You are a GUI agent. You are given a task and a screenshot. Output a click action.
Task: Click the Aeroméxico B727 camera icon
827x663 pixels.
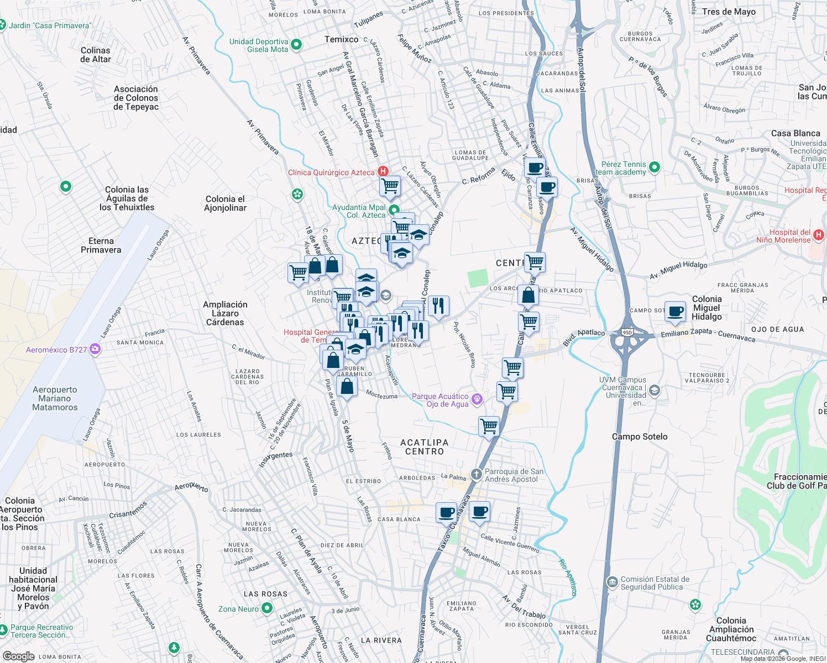95,349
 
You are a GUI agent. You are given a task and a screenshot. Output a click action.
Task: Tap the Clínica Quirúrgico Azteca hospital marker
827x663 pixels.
383,172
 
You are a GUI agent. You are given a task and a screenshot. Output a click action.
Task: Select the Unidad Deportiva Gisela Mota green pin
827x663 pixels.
296,45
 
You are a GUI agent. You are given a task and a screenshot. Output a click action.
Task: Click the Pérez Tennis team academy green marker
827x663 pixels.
655,167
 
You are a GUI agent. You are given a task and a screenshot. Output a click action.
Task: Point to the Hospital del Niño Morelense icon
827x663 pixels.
819,235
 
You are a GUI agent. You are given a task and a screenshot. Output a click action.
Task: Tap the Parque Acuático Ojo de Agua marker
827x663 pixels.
477,399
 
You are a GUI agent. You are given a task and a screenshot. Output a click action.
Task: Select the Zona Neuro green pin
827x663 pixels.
267,608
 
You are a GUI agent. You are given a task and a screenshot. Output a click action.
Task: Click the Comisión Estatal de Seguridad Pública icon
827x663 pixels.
612,582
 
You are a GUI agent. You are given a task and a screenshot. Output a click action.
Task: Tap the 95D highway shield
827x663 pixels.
627,333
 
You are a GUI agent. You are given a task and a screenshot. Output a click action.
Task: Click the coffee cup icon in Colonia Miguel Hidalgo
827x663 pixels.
675,311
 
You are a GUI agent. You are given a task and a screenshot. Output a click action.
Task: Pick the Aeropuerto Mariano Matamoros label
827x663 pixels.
55,398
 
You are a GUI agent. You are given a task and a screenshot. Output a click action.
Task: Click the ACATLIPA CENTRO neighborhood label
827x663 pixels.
424,447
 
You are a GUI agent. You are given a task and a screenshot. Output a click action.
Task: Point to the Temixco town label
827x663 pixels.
341,39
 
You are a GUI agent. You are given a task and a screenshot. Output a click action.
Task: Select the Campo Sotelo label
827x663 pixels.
640,436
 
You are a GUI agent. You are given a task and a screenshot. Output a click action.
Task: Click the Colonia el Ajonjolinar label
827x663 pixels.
225,203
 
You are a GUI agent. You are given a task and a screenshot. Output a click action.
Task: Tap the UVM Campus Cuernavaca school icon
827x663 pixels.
655,391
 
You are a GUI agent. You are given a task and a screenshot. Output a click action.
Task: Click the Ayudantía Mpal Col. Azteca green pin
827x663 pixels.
394,210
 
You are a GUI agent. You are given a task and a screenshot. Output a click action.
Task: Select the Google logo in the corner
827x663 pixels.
18,656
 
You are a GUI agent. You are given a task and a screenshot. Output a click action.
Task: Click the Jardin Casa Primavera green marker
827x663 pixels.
2,25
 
